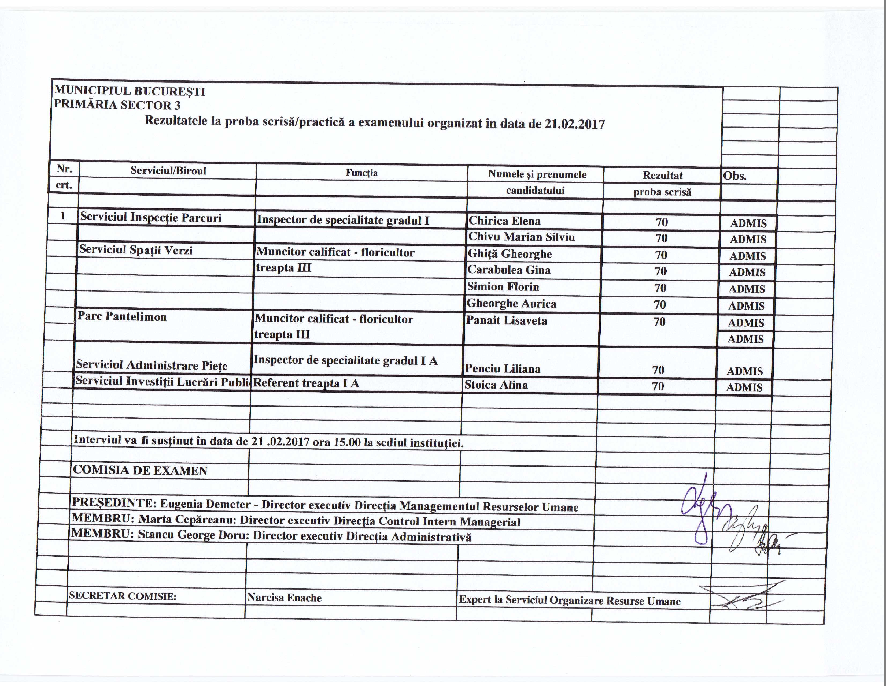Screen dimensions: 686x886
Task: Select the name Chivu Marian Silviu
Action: pyautogui.click(x=521, y=237)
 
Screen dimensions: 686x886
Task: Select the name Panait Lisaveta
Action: pyautogui.click(x=506, y=321)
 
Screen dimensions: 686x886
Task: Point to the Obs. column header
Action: pyautogui.click(x=735, y=176)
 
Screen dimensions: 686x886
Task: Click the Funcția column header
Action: pyautogui.click(x=361, y=173)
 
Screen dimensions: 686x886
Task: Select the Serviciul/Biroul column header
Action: pyautogui.click(x=168, y=171)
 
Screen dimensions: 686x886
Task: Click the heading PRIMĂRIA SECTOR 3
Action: pyautogui.click(x=117, y=105)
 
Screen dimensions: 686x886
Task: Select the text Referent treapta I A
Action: pyautogui.click(x=306, y=383)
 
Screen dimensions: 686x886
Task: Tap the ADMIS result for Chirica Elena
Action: pyautogui.click(x=748, y=223)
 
